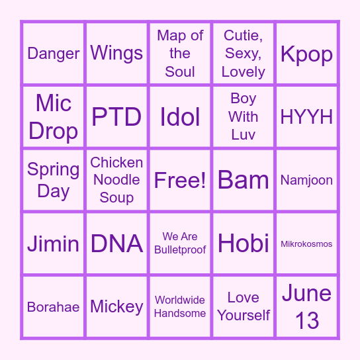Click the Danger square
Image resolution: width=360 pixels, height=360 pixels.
point(53,53)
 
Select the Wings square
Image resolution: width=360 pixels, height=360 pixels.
point(116,53)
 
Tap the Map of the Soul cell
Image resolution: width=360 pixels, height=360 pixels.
point(180,53)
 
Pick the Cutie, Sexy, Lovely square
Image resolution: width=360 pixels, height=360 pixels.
point(244,53)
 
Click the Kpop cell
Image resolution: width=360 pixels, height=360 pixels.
point(307,53)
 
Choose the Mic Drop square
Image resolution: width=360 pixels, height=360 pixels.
point(53,116)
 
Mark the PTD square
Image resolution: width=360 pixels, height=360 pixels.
point(116,116)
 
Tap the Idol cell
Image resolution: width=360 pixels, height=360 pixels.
point(180,116)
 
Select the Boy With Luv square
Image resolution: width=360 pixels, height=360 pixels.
point(244,116)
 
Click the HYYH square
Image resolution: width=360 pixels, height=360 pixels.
point(307,116)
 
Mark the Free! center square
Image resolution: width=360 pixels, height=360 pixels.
point(180,180)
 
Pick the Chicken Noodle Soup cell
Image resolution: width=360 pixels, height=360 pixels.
point(116,180)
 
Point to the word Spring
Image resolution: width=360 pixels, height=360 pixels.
point(53,169)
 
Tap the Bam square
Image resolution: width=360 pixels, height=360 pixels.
point(244,180)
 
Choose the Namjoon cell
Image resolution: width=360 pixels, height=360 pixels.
point(307,180)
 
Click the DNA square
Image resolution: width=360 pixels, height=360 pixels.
point(116,244)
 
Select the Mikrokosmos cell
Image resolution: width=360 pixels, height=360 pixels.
point(307,244)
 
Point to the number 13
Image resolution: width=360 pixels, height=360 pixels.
point(307,321)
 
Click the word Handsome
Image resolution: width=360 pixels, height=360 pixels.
point(180,314)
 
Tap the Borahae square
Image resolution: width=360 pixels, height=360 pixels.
point(53,307)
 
